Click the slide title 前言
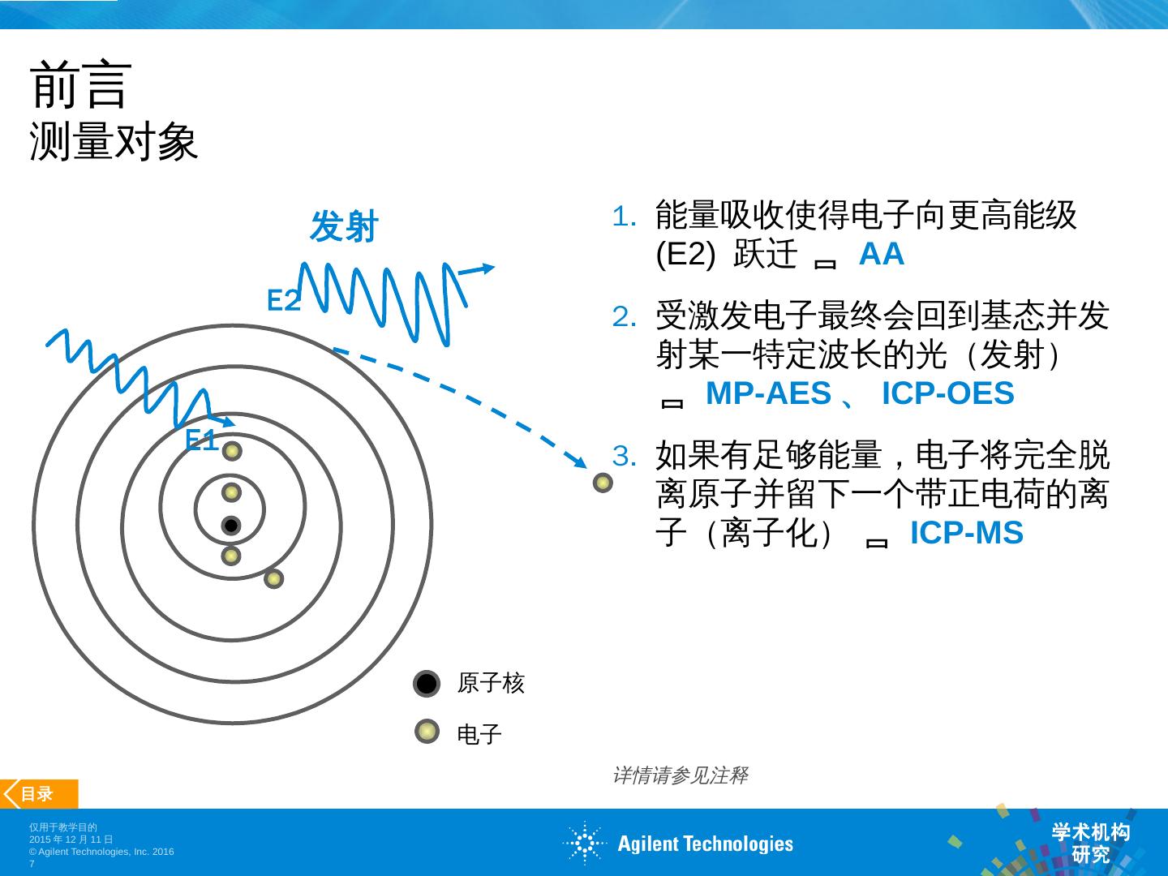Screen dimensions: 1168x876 click(x=80, y=84)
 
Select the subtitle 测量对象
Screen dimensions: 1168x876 click(x=114, y=143)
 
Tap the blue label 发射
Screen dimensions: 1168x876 click(x=344, y=226)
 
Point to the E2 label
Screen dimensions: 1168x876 click(x=284, y=301)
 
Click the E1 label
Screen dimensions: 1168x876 click(x=201, y=440)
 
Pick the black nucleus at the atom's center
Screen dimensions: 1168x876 click(x=231, y=526)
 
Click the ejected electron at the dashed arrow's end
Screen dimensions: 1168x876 click(x=603, y=483)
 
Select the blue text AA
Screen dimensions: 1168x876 click(x=881, y=254)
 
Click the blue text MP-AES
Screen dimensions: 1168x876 click(x=768, y=393)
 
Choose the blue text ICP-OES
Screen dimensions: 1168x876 click(x=947, y=393)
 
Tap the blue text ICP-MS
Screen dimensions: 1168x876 click(x=966, y=533)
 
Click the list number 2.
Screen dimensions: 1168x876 click(x=625, y=316)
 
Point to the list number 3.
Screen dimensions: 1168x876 click(x=625, y=456)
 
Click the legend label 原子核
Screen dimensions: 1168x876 click(x=491, y=683)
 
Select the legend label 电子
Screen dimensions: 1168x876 click(x=479, y=734)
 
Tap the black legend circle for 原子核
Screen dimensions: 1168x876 click(x=427, y=684)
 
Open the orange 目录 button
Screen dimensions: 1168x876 click(x=39, y=794)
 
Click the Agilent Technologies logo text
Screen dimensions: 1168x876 click(x=705, y=844)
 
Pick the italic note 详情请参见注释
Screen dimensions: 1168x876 click(x=680, y=775)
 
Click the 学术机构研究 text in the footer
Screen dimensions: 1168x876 click(x=1090, y=843)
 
